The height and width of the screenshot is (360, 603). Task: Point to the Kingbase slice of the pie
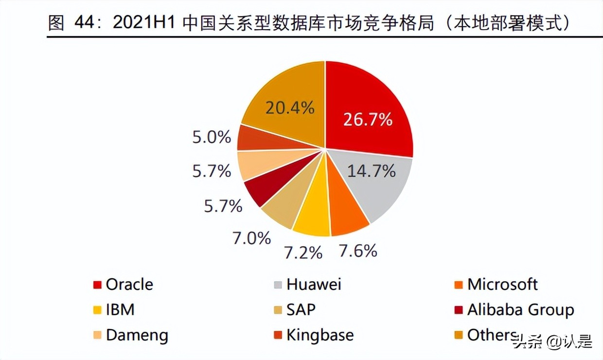[x=250, y=138]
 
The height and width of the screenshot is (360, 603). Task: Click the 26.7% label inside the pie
[x=368, y=119]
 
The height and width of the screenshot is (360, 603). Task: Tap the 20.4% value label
[x=290, y=108]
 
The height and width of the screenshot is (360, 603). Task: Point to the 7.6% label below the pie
[x=358, y=251]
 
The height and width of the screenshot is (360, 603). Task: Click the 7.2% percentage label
[x=303, y=252]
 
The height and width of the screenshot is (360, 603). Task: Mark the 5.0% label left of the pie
[x=212, y=138]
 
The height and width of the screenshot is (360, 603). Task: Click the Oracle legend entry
[x=129, y=285]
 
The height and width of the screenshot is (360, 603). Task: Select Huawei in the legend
[x=313, y=285]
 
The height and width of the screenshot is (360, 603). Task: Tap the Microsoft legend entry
[x=502, y=285]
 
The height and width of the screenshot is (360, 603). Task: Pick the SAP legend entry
[x=301, y=310]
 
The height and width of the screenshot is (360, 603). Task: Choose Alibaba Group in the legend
[x=520, y=310]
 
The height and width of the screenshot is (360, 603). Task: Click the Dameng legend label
[x=137, y=335]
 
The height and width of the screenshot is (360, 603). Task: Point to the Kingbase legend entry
[x=319, y=335]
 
